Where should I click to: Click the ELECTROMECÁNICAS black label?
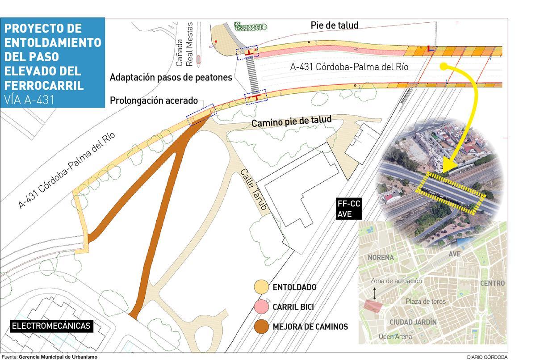tap(51, 326)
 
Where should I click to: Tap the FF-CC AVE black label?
tap(349, 209)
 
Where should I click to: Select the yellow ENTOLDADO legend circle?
tap(261, 287)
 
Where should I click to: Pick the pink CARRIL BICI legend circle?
tap(261, 307)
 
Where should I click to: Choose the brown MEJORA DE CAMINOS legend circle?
tap(261, 327)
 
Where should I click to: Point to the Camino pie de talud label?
tap(292, 121)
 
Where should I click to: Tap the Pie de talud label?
tap(334, 25)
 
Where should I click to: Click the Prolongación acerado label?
tap(154, 101)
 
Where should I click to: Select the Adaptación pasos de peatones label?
tap(171, 77)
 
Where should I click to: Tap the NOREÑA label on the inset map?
tap(381, 258)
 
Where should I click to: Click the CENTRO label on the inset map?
tap(492, 283)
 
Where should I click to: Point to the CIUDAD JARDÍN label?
tap(413, 322)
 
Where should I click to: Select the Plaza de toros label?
tap(425, 301)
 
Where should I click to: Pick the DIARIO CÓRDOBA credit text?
tap(487, 357)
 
